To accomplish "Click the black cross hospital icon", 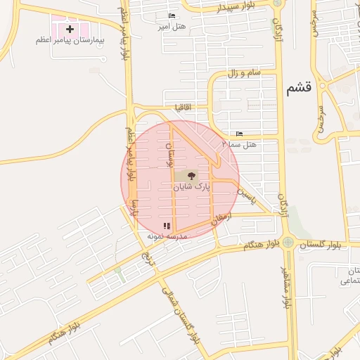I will pyautogui.click(x=70, y=29).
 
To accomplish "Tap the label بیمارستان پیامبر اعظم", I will pyautogui.click(x=70, y=41).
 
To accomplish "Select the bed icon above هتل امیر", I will pyautogui.click(x=172, y=16).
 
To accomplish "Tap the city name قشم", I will pyautogui.click(x=299, y=89).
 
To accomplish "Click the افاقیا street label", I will pyautogui.click(x=185, y=107).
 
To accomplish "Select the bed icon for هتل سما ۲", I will pyautogui.click(x=240, y=134).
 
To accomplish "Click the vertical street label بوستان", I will pyautogui.click(x=169, y=154).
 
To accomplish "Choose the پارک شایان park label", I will pyautogui.click(x=192, y=187).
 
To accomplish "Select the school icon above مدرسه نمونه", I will pyautogui.click(x=167, y=226).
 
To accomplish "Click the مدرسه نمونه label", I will pyautogui.click(x=167, y=237).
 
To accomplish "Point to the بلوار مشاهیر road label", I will pyautogui.click(x=285, y=288).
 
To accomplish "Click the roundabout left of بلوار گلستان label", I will pyautogui.click(x=288, y=243).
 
